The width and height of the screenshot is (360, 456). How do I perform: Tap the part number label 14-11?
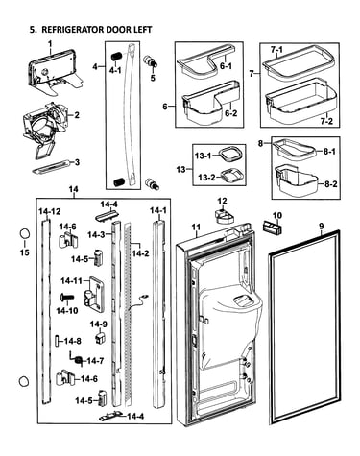click(71, 281)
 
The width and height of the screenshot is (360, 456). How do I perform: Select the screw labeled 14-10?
click(67, 298)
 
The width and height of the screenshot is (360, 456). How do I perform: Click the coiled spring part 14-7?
click(76, 357)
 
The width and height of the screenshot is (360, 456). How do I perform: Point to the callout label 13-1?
click(203, 156)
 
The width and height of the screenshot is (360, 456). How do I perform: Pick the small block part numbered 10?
click(273, 227)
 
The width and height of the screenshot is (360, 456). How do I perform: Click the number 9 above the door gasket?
click(321, 226)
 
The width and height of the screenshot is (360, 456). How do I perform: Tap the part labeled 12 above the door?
click(225, 216)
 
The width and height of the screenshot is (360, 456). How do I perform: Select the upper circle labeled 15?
click(25, 233)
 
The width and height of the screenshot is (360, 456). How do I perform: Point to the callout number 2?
click(77, 115)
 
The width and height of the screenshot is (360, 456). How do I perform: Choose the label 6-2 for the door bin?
click(230, 113)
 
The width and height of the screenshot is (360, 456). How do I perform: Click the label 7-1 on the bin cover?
click(276, 50)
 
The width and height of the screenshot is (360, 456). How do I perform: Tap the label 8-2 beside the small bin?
click(330, 184)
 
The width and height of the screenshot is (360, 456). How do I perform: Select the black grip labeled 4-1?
click(115, 57)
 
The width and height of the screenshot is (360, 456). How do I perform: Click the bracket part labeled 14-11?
click(94, 295)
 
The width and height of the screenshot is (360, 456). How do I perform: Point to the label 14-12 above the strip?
click(50, 211)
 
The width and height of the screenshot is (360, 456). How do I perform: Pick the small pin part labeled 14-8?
click(57, 341)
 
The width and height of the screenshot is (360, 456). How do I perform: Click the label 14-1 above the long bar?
click(158, 210)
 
